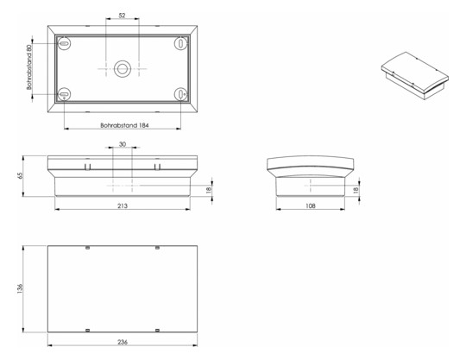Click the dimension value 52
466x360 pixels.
tap(122, 16)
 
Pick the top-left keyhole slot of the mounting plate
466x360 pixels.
tap(65, 41)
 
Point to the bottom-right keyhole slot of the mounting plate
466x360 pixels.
tap(179, 94)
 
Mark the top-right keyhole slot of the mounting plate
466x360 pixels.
tap(179, 41)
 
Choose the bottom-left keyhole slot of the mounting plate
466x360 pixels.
tap(65, 94)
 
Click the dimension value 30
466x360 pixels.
tap(122, 144)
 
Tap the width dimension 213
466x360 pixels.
tap(122, 207)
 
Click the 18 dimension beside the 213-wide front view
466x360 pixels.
tap(209, 190)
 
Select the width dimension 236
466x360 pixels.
tap(122, 343)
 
